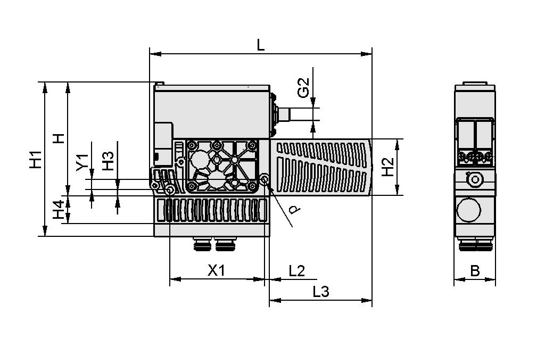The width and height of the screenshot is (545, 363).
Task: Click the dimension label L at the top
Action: coord(260,45)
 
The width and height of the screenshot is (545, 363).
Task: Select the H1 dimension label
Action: coord(35,160)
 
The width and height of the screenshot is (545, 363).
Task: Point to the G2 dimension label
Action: coord(303,87)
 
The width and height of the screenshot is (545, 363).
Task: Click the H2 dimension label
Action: coord(389,167)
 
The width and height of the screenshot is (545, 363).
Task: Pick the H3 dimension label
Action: coord(108,161)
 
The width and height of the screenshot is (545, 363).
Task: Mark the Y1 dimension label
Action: coord(82,162)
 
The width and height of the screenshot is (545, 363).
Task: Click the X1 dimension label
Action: coord(216,271)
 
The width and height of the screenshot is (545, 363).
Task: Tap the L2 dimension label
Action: coord(296,271)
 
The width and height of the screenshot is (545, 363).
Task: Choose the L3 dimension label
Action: coord(321,292)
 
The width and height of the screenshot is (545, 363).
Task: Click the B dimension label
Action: coord(475,271)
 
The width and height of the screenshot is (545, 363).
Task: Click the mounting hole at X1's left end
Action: coord(170,190)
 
